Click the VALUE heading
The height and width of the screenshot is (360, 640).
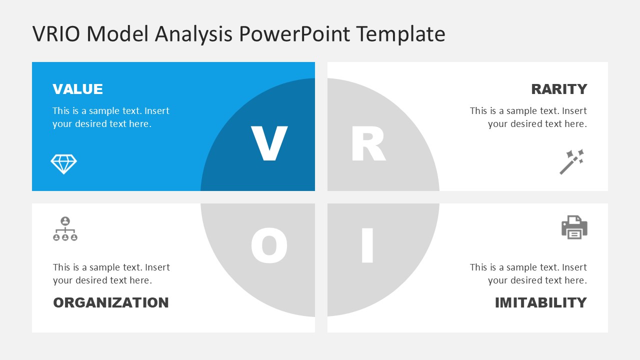(x=77, y=89)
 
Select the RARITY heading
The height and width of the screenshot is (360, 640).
(x=559, y=89)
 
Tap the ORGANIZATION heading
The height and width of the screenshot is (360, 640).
(x=110, y=302)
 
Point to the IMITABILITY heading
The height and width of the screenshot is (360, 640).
(x=540, y=302)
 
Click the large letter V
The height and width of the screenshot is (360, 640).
(x=269, y=144)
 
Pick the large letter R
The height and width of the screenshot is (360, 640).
(x=368, y=144)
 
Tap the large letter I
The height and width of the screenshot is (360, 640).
(x=367, y=245)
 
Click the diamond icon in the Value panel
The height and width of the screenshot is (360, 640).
(x=64, y=164)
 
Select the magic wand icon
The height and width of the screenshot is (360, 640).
(x=572, y=161)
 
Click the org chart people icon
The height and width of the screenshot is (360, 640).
(x=65, y=229)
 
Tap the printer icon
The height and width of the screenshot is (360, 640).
(x=574, y=227)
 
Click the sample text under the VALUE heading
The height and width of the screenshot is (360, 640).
(x=110, y=117)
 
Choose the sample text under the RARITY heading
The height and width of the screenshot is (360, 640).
(x=528, y=117)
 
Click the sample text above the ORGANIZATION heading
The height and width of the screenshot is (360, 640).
(x=111, y=274)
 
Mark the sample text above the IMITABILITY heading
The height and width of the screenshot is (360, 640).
(x=528, y=274)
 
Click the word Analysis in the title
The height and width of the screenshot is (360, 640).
(x=193, y=34)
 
